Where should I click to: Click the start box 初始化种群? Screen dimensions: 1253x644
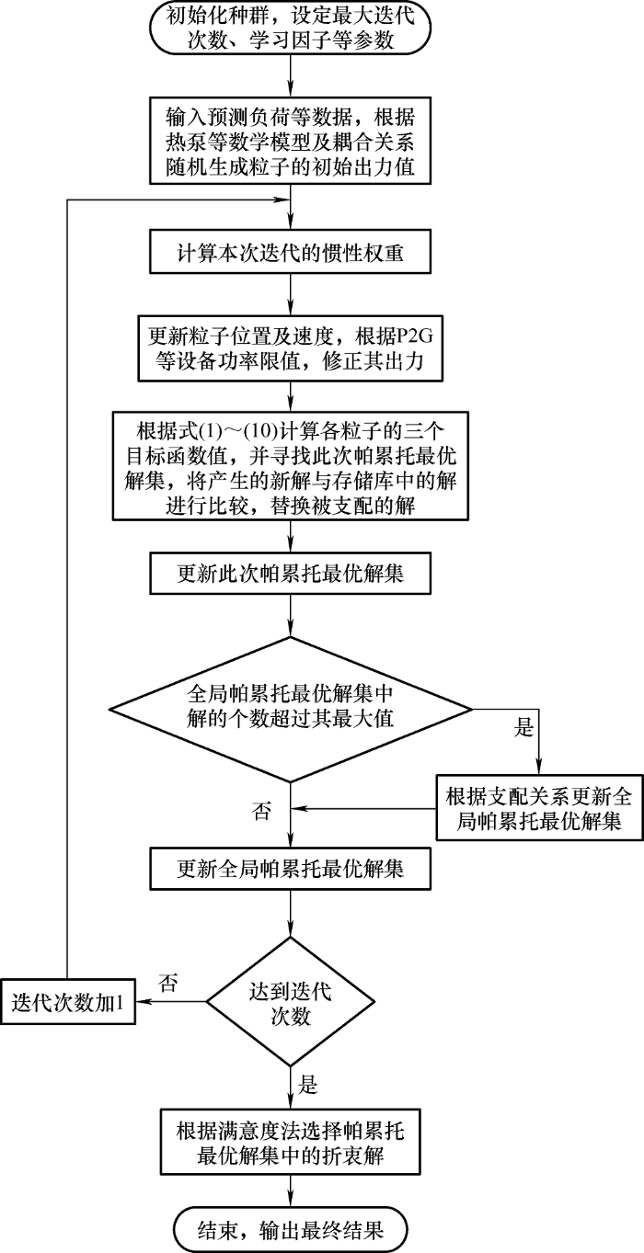291,29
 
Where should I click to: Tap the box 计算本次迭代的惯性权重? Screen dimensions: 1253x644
291,249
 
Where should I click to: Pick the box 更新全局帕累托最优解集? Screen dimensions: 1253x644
291,867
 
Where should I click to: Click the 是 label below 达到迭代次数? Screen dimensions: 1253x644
309,1086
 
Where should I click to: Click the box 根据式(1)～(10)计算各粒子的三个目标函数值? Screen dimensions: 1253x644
291,453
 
